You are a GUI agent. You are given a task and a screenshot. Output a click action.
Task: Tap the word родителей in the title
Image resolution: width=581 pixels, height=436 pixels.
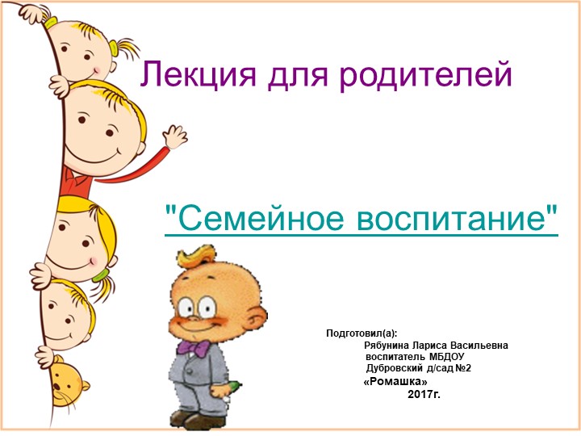coord(426,75)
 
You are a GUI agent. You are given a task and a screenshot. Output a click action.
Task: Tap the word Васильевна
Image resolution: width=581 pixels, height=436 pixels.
coord(479,345)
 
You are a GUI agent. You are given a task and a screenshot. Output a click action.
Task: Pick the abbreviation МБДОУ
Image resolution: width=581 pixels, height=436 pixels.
coord(447,356)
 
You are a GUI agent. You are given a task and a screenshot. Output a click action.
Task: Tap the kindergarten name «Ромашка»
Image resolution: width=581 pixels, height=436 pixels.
coord(395,381)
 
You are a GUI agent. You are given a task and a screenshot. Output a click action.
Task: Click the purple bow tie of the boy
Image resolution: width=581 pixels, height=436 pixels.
coord(194,347)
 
